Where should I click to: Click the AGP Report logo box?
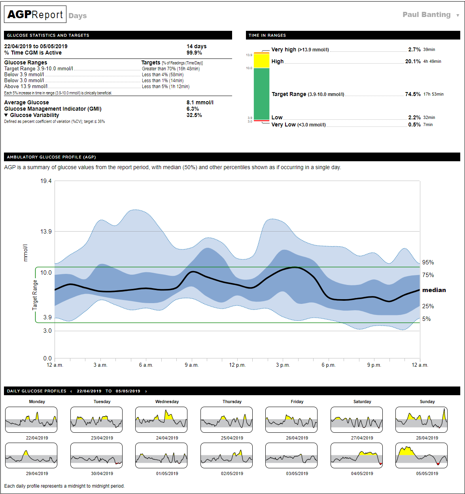click(x=35, y=15)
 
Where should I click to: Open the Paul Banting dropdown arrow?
click(x=457, y=15)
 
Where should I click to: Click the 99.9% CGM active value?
click(x=194, y=53)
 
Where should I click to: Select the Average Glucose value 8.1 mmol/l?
click(x=200, y=102)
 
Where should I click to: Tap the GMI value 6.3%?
click(x=193, y=109)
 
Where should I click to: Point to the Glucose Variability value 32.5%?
click(x=194, y=115)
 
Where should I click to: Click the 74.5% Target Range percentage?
click(x=413, y=94)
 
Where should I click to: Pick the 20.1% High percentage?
click(x=413, y=61)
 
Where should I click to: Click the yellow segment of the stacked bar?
click(x=261, y=61)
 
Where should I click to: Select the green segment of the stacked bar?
click(x=261, y=94)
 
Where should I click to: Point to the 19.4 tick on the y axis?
click(x=46, y=181)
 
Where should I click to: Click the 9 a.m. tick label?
click(x=191, y=365)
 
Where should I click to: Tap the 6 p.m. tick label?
click(x=328, y=365)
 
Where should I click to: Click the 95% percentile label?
click(x=428, y=262)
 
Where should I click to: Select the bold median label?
click(x=434, y=290)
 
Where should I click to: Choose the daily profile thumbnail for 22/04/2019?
click(x=31, y=420)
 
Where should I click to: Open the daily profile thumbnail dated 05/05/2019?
click(x=421, y=455)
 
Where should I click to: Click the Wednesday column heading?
click(x=167, y=402)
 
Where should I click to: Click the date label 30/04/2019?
click(x=102, y=473)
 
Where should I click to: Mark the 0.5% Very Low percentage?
click(x=414, y=124)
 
